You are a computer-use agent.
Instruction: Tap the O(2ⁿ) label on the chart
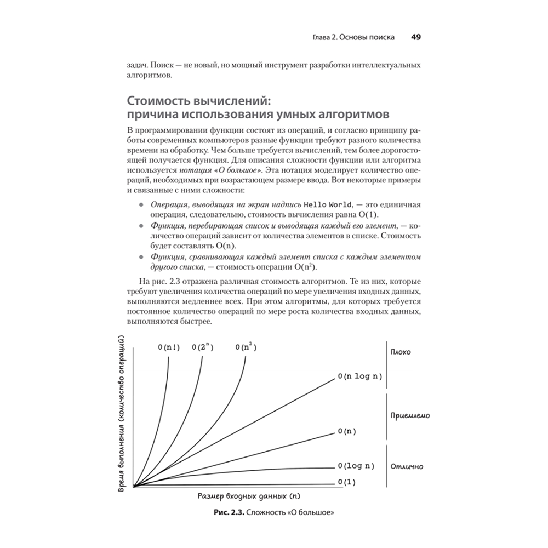[x=203, y=347]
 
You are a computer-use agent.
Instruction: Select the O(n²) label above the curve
[x=246, y=347]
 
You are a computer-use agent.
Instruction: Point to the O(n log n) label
[x=359, y=376]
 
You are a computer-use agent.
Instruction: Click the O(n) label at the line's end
[x=347, y=432]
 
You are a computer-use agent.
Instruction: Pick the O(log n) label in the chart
[x=356, y=466]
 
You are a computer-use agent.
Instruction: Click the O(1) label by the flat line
[x=347, y=482]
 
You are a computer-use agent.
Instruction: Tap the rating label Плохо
[x=401, y=352]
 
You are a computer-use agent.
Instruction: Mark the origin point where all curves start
[x=134, y=486]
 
